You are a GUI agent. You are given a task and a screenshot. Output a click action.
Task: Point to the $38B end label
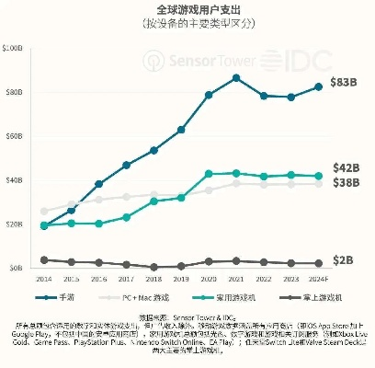click(x=344, y=183)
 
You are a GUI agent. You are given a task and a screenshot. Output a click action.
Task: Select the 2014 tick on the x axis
click(x=45, y=278)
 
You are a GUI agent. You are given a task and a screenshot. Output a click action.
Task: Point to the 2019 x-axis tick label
click(x=182, y=278)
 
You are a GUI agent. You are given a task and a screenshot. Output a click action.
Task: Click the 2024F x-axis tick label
click(x=319, y=278)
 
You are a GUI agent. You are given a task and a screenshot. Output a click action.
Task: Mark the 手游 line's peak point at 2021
click(x=237, y=77)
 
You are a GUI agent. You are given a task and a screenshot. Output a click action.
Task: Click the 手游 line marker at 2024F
click(x=319, y=86)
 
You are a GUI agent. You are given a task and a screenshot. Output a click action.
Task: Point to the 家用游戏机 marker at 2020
click(x=210, y=173)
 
